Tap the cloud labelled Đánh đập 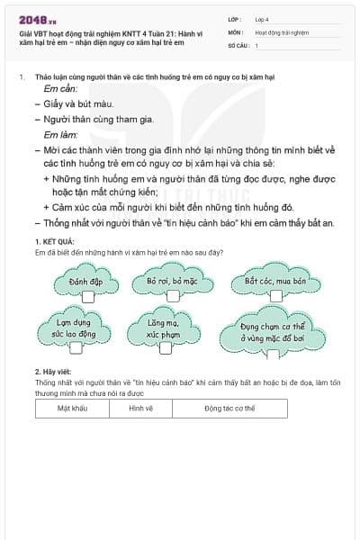point(86,283)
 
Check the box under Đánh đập point(88,297)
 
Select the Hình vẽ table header point(140,408)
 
